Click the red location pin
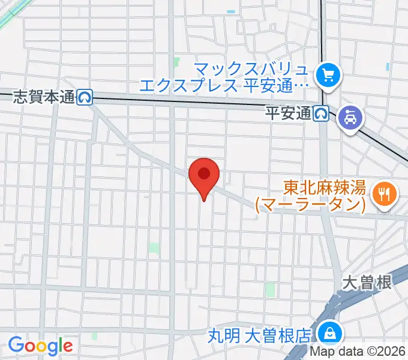(x=204, y=177)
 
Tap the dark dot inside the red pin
(x=204, y=173)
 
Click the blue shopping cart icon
(x=328, y=75)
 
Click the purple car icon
(x=350, y=117)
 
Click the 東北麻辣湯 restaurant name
(x=325, y=188)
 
